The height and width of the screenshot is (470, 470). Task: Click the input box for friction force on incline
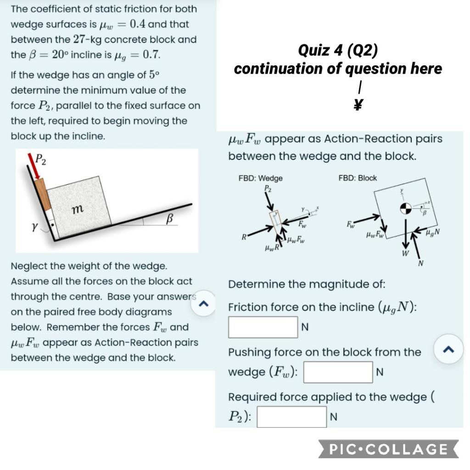(x=263, y=327)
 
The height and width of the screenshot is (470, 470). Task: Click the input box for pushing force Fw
(x=338, y=372)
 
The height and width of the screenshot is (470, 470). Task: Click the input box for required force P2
(x=291, y=417)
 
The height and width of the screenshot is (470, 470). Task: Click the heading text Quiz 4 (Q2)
(x=338, y=50)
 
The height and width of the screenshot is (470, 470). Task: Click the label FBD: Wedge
(x=260, y=178)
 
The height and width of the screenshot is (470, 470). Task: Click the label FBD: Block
(x=357, y=178)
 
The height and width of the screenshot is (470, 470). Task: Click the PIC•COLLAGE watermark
(x=388, y=449)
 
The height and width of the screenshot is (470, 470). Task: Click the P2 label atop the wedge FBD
(x=267, y=188)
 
